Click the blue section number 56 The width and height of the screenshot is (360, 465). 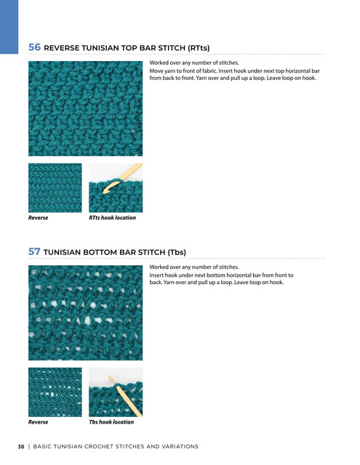[34, 47]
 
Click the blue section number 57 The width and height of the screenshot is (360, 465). [34, 251]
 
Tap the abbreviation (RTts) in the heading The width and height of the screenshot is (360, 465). [199, 48]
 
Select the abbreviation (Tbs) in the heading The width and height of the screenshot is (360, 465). [177, 252]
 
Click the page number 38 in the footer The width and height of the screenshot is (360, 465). [21, 447]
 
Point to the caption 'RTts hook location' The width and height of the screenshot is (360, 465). [112, 218]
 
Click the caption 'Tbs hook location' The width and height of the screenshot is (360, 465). [111, 422]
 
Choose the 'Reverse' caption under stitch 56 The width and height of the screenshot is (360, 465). [38, 218]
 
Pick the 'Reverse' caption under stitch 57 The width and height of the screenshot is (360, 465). [38, 422]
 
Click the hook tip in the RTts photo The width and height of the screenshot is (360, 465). [105, 192]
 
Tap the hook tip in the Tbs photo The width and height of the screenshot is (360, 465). [110, 378]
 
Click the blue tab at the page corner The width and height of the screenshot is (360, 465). [9, 27]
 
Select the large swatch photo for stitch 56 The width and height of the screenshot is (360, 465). [86, 108]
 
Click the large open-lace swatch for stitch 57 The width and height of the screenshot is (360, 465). [86, 313]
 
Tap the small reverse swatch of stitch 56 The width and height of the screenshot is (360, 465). [55, 187]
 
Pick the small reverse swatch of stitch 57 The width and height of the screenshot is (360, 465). [55, 392]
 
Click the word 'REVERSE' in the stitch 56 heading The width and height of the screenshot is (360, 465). [61, 48]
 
